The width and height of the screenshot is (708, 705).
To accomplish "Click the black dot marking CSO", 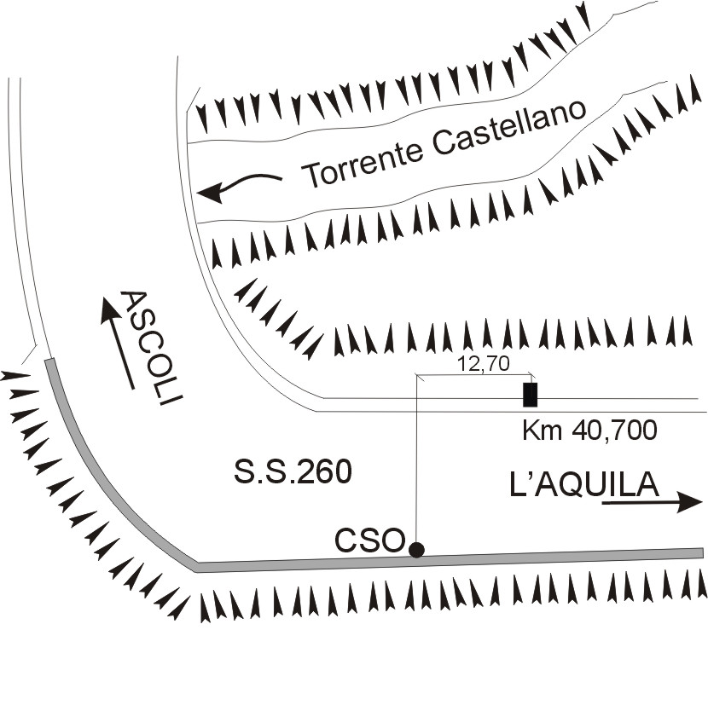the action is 416,550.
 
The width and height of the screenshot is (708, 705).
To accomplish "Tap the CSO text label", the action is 369,540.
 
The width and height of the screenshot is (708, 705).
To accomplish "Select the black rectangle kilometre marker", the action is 530,395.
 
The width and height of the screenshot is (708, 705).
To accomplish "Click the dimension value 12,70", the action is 484,364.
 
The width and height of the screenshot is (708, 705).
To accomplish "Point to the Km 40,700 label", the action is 589,431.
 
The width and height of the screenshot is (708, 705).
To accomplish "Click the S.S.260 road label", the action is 293,472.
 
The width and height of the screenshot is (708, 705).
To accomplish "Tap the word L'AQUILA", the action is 583,484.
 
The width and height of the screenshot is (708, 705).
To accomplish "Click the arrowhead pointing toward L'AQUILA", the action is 689,502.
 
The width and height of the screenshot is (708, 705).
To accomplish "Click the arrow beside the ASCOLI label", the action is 118,342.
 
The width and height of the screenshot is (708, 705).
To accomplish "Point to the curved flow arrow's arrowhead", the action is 211,193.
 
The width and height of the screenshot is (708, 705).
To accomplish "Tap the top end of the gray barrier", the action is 49,361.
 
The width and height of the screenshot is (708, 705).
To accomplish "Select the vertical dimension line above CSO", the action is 416,458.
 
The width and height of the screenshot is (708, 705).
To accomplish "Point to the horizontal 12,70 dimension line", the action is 474,374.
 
